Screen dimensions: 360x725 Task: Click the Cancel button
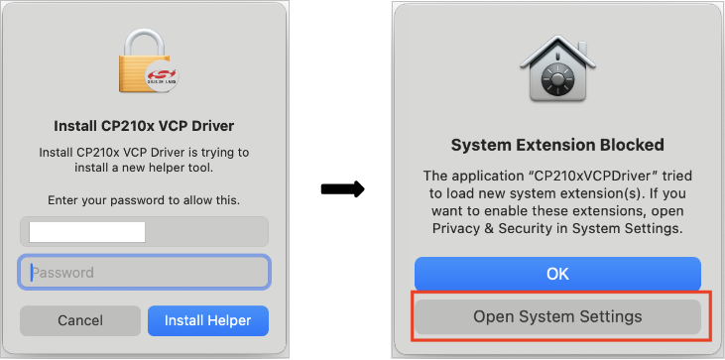point(80,320)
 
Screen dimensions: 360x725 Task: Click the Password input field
point(145,272)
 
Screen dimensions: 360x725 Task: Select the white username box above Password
point(87,232)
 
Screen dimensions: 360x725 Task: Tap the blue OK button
point(557,273)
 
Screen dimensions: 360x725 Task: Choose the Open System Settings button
point(557,317)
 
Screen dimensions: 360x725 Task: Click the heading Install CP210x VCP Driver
point(144,126)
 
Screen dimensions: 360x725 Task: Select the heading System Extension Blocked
point(557,145)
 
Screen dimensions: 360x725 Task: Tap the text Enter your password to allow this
point(144,200)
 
